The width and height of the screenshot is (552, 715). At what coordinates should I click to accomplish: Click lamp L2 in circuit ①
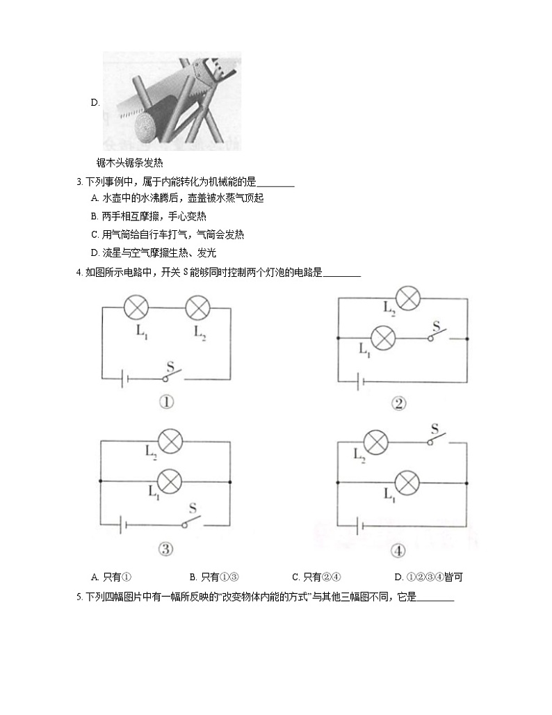tap(199, 307)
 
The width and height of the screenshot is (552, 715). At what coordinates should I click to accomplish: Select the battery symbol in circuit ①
tap(124, 379)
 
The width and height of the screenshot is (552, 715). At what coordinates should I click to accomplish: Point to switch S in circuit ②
tap(437, 335)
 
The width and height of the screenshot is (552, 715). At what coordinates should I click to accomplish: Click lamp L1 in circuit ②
tap(382, 338)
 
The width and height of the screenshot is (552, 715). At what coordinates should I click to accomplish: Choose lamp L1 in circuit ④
tap(407, 481)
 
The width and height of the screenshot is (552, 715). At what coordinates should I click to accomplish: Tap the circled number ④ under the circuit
tap(398, 551)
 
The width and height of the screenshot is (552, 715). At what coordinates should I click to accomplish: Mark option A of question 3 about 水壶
tap(177, 198)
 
